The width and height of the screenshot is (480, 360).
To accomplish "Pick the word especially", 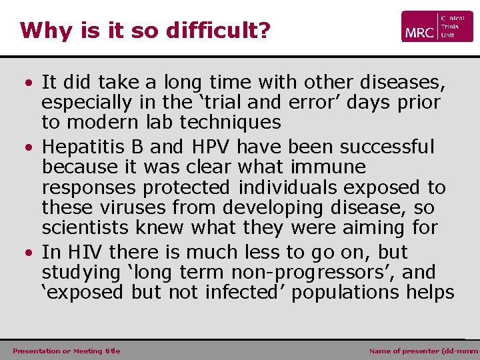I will coord(90,103).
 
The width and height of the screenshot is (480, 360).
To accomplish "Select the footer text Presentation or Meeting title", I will coord(67,351).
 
